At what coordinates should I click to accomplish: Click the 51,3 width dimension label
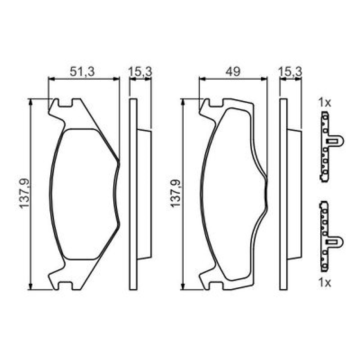(x=82, y=72)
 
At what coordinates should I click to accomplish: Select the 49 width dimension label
(x=233, y=72)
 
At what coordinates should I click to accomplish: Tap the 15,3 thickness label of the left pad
(x=140, y=72)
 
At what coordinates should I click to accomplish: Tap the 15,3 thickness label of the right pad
(x=290, y=72)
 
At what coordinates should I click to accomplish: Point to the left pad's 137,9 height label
(x=24, y=193)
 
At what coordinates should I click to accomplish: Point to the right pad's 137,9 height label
(x=176, y=193)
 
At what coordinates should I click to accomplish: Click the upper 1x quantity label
(x=325, y=103)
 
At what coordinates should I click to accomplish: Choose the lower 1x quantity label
(x=325, y=283)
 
